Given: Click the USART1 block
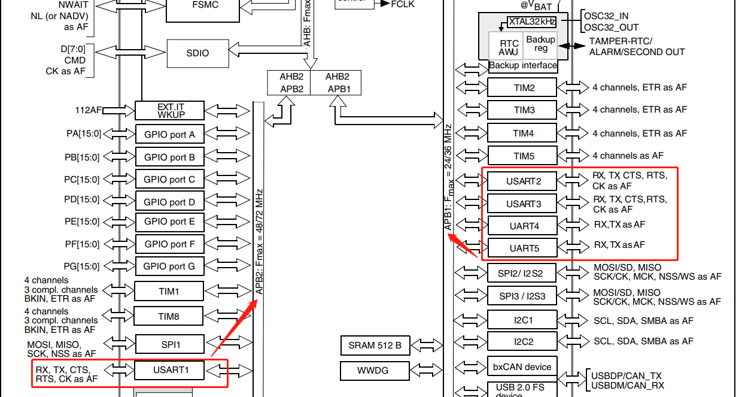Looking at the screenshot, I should click(x=171, y=369).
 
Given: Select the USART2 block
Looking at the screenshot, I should click(x=522, y=181).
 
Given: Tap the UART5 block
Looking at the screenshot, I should click(x=522, y=247).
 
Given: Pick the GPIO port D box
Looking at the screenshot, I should click(x=169, y=202).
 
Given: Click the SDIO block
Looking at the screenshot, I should click(x=197, y=53).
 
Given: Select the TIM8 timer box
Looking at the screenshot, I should click(x=169, y=316).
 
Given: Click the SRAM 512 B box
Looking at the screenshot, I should click(x=375, y=345).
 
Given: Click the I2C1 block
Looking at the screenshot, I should click(x=522, y=320).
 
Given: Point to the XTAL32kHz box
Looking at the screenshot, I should click(x=531, y=22).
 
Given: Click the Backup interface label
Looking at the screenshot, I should click(x=522, y=65).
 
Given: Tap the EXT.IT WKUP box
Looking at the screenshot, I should click(x=171, y=110).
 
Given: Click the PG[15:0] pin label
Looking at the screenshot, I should click(x=82, y=266).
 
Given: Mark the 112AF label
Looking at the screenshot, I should click(x=88, y=110).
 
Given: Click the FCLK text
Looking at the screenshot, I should click(x=402, y=4).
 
